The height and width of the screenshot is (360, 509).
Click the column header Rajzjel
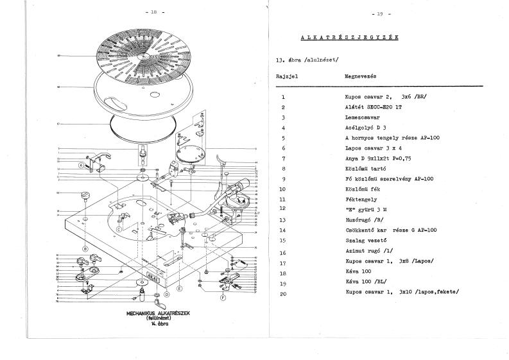click(286, 76)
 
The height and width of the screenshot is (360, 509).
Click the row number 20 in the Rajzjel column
click(283, 293)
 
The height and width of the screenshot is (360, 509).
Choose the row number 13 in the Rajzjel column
click(283, 219)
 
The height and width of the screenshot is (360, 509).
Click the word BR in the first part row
click(420, 98)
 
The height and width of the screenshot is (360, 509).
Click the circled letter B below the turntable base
click(85, 248)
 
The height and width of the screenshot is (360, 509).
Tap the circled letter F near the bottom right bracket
click(223, 298)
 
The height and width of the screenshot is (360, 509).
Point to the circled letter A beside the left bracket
click(81, 164)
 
